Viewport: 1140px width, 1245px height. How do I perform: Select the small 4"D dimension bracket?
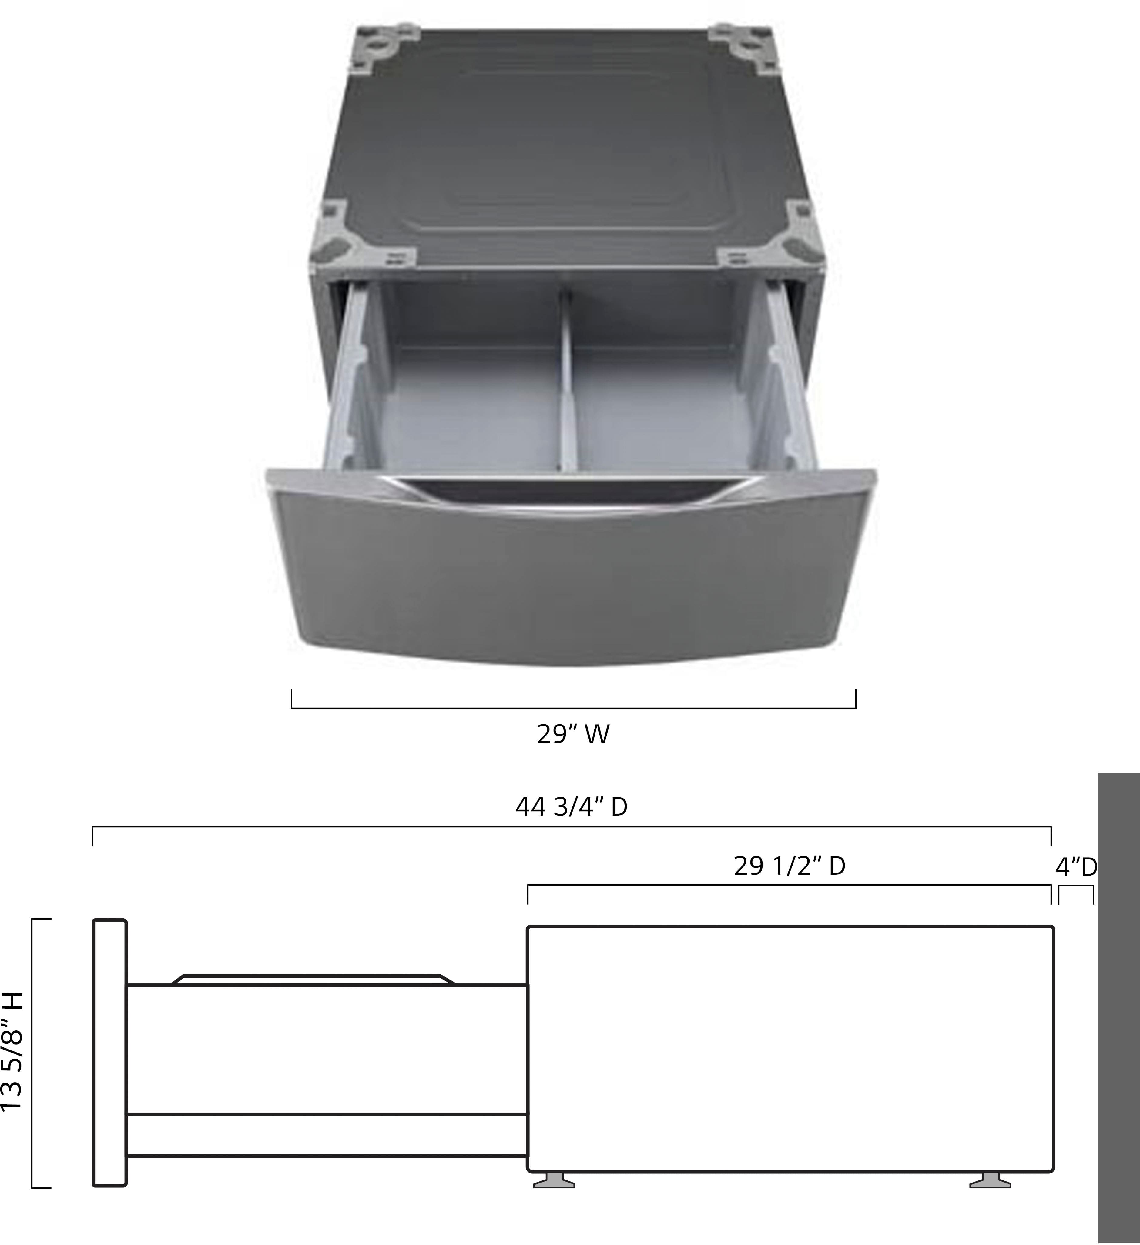click(1076, 893)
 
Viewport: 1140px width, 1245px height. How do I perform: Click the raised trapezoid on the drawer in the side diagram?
click(313, 980)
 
